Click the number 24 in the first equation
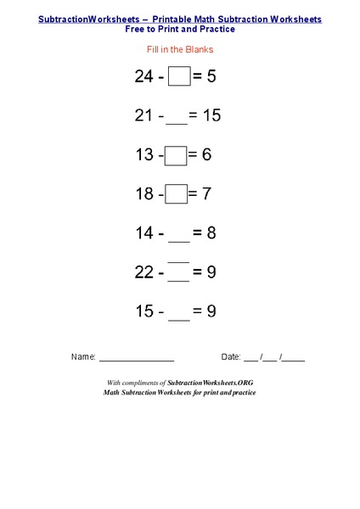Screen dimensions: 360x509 pyautogui.click(x=143, y=76)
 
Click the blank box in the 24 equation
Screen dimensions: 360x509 pyautogui.click(x=179, y=76)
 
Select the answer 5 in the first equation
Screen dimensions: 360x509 pyautogui.click(x=211, y=76)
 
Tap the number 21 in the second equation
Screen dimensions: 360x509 pyautogui.click(x=143, y=115)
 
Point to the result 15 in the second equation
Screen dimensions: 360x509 pyautogui.click(x=211, y=115)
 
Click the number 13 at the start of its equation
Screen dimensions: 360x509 pyautogui.click(x=143, y=154)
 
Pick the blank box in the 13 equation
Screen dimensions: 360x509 pyautogui.click(x=176, y=155)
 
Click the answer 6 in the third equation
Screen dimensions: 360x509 pyautogui.click(x=206, y=154)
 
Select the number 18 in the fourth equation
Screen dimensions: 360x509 pyautogui.click(x=143, y=194)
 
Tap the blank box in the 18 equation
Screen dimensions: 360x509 pyautogui.click(x=176, y=194)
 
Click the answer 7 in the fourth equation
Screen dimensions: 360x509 pyautogui.click(x=206, y=194)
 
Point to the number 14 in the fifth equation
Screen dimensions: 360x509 pyautogui.click(x=143, y=233)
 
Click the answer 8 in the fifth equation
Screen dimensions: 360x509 pyautogui.click(x=211, y=233)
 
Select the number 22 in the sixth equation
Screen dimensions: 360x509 pyautogui.click(x=143, y=272)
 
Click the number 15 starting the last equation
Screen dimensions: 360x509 pyautogui.click(x=143, y=311)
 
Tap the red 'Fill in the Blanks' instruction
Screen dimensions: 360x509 pyautogui.click(x=179, y=49)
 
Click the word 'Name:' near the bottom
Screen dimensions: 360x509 pyautogui.click(x=83, y=357)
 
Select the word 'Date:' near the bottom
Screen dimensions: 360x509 pyautogui.click(x=232, y=357)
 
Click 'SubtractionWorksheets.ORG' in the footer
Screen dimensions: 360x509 pyautogui.click(x=211, y=383)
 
